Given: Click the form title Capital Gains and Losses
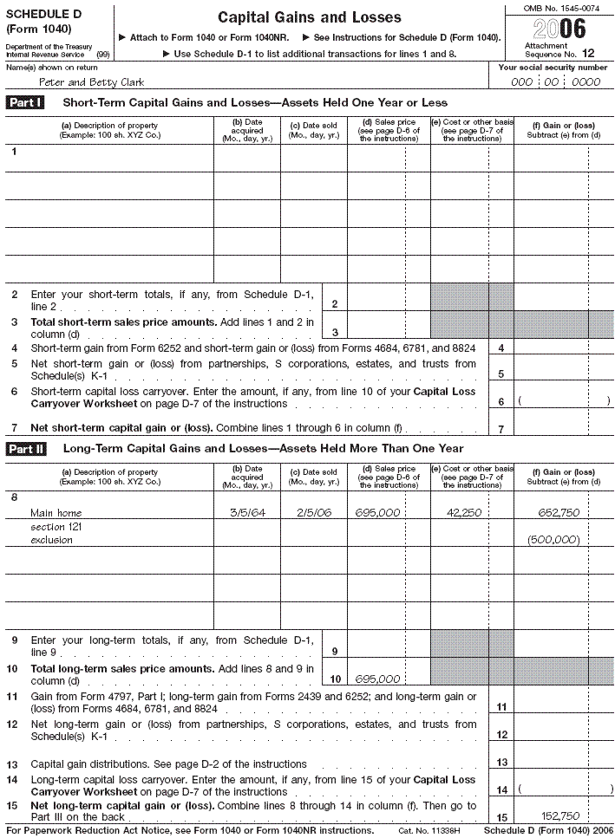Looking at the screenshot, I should click(309, 17).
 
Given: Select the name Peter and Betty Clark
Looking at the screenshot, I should click(87, 82).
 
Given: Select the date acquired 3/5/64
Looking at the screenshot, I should click(246, 513).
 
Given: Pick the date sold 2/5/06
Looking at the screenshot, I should click(313, 513).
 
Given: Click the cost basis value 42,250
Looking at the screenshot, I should click(464, 513).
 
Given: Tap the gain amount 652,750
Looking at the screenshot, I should click(558, 513).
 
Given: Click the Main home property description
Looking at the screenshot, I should click(56, 513).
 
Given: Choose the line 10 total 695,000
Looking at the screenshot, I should click(377, 679).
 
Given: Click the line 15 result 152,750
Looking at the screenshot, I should click(559, 815).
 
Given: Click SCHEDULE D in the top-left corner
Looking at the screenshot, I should click(38, 14).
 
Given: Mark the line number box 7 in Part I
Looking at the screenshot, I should click(501, 429).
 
